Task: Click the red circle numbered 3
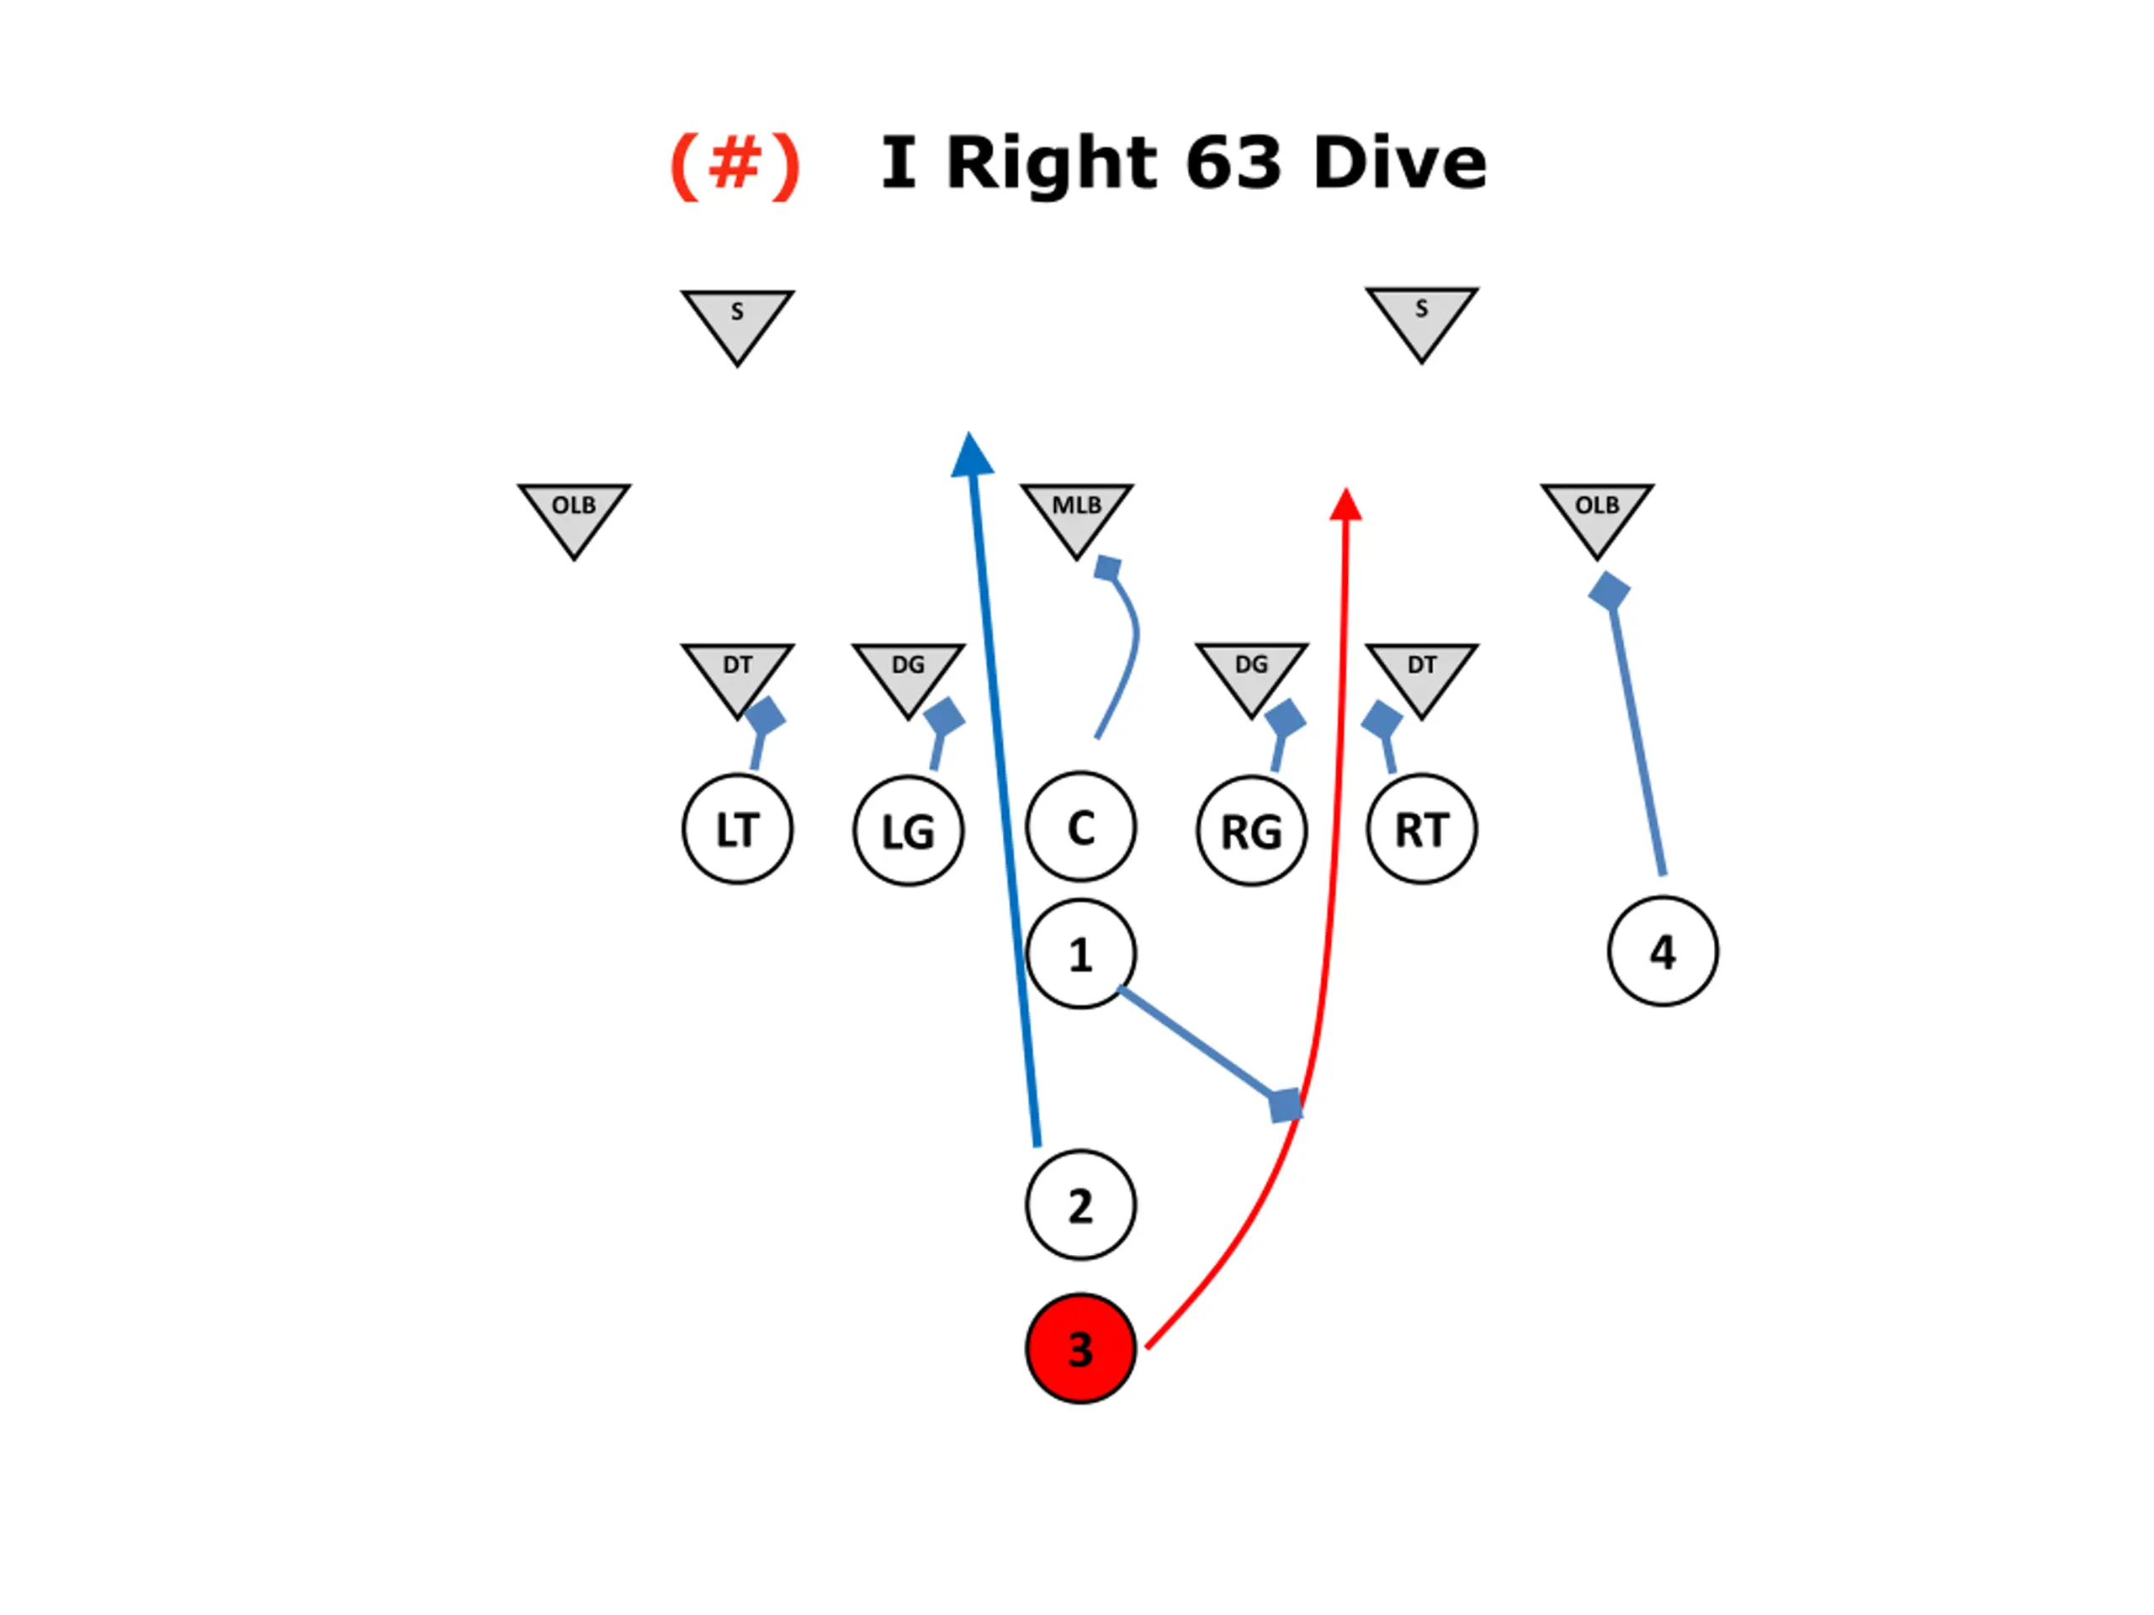(x=1080, y=1348)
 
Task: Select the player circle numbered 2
(x=1080, y=1205)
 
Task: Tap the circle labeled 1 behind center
(x=1080, y=954)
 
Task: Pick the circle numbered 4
(x=1663, y=951)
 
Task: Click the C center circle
(x=1080, y=828)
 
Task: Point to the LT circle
(x=737, y=829)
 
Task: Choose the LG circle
(x=909, y=831)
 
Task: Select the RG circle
(x=1251, y=831)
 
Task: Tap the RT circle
(x=1422, y=829)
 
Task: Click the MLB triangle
(x=1076, y=514)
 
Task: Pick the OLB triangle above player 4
(x=1597, y=514)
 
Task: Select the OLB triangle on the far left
(x=574, y=514)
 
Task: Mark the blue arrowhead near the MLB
(x=971, y=456)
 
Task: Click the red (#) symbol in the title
(x=735, y=166)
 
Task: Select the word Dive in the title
(x=1399, y=162)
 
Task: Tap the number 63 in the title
(x=1233, y=162)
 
